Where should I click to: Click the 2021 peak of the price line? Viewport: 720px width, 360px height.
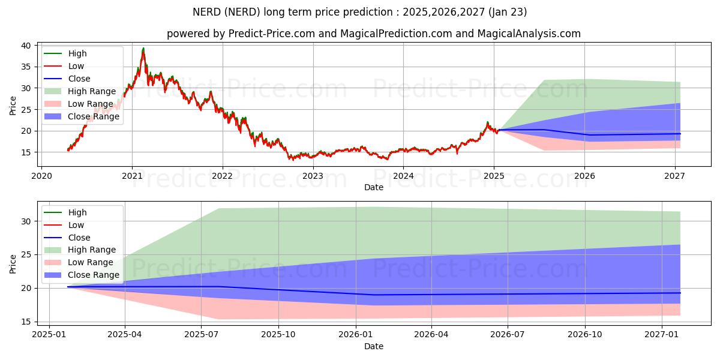point(143,49)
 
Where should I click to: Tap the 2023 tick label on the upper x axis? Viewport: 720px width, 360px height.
point(313,176)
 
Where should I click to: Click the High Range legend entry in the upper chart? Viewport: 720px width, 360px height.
point(91,91)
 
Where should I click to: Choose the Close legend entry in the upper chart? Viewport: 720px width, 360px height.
point(79,79)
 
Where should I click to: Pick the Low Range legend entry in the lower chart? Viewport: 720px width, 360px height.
point(90,262)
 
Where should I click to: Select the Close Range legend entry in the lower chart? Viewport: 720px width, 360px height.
point(94,275)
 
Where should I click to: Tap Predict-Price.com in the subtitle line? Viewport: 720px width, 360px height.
point(272,34)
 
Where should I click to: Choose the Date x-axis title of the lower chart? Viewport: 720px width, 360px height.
point(374,346)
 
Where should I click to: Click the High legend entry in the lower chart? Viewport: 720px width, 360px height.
point(77,212)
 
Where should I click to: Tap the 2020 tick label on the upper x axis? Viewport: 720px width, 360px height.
point(41,176)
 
